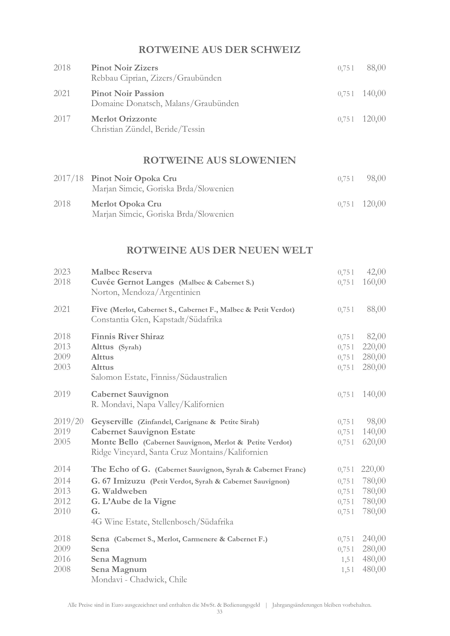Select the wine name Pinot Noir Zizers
tap(125, 68)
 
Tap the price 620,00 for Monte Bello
tap(374, 442)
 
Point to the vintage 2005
tap(62, 442)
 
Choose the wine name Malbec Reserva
tap(121, 272)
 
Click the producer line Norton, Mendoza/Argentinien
tap(145, 292)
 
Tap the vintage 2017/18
tap(68, 178)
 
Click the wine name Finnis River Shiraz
tap(127, 337)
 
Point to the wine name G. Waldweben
tap(119, 491)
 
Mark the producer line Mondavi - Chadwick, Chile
tap(139, 579)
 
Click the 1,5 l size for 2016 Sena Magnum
tap(347, 559)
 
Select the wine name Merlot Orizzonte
tap(124, 119)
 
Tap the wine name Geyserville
tap(112, 422)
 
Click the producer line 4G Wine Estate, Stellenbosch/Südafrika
tap(162, 522)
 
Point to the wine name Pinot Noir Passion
tap(127, 93)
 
